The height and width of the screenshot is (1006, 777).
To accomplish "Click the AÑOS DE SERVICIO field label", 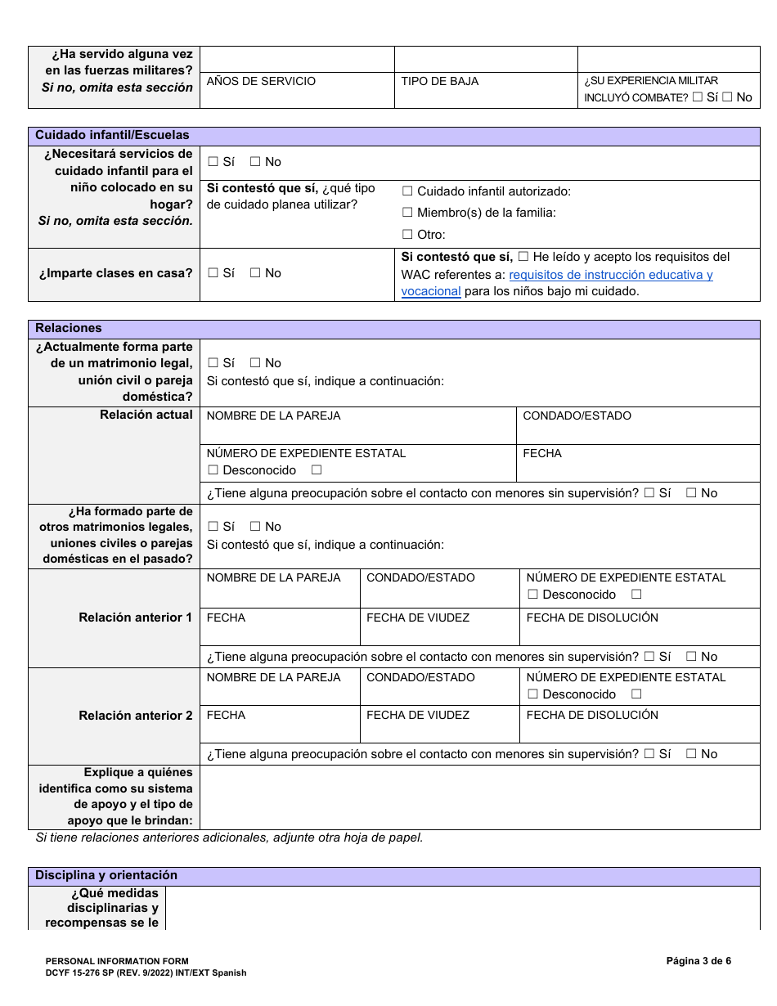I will (261, 82).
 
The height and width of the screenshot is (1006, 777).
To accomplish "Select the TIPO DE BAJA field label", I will (440, 82).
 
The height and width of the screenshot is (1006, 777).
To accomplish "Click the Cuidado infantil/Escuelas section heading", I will (112, 136).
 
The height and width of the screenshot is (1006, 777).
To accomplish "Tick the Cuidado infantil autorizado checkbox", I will (407, 191).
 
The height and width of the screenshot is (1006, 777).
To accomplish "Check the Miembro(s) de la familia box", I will (407, 213).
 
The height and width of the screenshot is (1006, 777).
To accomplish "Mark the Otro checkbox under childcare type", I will (407, 235).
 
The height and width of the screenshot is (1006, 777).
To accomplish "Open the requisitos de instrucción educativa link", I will (610, 275).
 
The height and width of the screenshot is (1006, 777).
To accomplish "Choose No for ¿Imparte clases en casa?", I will (255, 273).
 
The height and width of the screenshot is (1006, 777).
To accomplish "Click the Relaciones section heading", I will (69, 328).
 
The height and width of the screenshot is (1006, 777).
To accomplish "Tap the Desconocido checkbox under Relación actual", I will (213, 470).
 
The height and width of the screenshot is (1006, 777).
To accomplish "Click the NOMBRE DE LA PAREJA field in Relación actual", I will (274, 416).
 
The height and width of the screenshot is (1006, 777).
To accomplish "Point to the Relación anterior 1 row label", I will (135, 618).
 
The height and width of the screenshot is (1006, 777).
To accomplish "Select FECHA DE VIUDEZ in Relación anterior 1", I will (418, 618).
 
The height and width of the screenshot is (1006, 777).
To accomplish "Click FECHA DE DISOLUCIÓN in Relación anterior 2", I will (592, 716).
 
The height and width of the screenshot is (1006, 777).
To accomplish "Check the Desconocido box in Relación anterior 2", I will (533, 694).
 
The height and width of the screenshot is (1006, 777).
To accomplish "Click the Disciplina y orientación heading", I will (106, 876).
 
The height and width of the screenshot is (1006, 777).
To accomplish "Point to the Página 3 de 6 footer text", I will (698, 961).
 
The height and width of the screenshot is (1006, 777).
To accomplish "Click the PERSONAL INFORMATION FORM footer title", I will (117, 962).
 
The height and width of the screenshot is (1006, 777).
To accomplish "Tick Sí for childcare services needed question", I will (213, 162).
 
